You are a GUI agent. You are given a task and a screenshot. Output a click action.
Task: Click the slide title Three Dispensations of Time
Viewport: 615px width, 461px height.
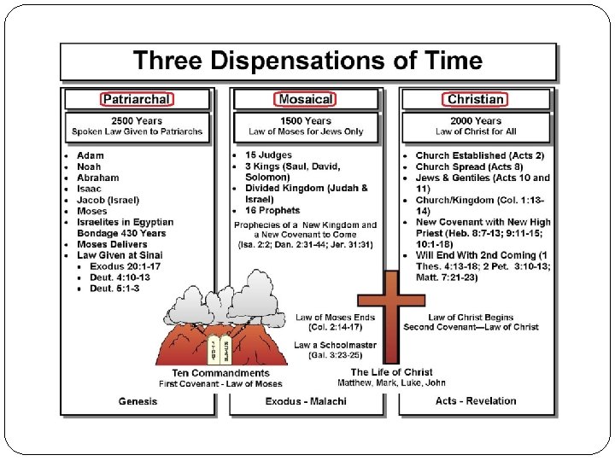(x=307, y=61)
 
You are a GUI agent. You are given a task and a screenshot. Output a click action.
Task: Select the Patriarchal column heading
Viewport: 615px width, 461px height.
(x=137, y=100)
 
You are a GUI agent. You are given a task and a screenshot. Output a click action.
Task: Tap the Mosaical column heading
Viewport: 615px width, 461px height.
(x=306, y=100)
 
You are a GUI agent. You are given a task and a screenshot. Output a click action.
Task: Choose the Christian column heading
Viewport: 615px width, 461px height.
(x=476, y=100)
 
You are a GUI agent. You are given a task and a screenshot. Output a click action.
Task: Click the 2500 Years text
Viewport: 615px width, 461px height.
(x=138, y=121)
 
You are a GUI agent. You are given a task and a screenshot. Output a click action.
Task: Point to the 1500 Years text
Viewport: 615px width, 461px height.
(x=306, y=121)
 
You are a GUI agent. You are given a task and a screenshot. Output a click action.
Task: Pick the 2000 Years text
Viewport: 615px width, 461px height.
(x=476, y=121)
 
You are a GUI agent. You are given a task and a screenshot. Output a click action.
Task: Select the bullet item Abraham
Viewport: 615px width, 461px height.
(x=97, y=178)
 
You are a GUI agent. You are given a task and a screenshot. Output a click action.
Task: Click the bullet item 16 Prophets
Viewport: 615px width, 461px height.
(x=272, y=210)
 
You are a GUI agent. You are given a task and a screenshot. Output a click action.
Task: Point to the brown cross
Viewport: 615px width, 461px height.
(x=391, y=317)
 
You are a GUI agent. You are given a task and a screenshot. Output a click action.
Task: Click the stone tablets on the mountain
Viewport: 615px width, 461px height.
(x=218, y=350)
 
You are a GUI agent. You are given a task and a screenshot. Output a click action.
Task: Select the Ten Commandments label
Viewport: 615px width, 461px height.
(x=220, y=373)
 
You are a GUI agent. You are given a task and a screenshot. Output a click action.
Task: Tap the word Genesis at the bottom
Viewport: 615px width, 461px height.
(x=138, y=401)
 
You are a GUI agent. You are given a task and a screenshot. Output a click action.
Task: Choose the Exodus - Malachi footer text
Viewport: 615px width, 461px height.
(x=306, y=401)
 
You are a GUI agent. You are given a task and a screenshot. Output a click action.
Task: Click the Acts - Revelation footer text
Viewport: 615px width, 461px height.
(x=476, y=401)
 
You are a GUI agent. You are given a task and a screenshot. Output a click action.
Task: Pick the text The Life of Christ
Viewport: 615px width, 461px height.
(x=392, y=372)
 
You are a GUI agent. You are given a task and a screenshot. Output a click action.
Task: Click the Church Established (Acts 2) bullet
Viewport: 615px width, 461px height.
(x=479, y=155)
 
